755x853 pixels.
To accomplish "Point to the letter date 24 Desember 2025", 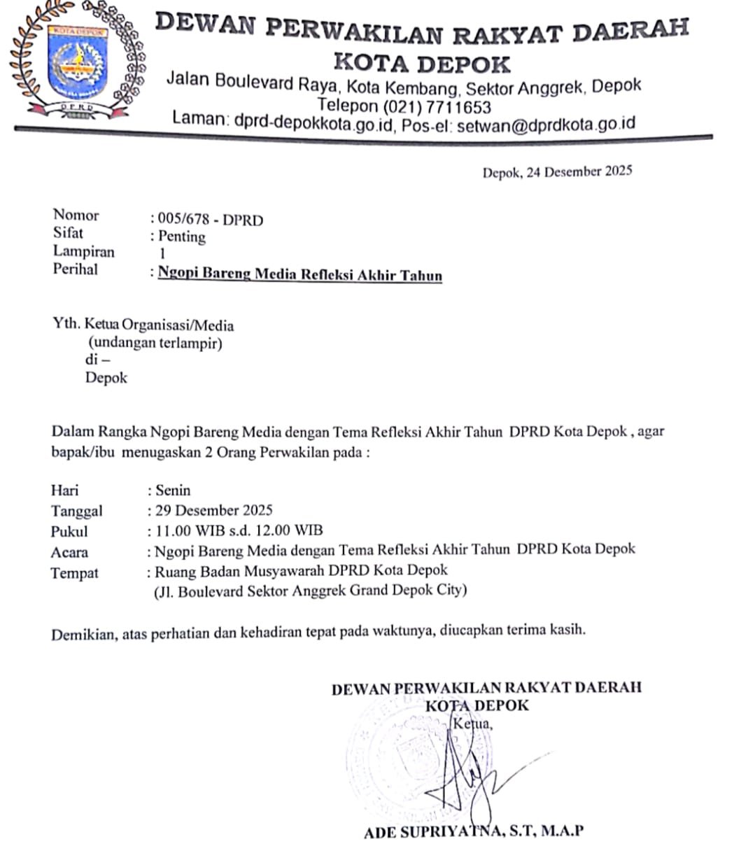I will tap(579, 171).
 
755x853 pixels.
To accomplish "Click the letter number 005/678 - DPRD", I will tap(211, 220).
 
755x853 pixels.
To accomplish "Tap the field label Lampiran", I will tap(83, 251).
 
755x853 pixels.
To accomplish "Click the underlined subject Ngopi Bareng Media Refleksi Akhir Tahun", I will tap(299, 274).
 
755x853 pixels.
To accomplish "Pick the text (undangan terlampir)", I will tap(155, 344).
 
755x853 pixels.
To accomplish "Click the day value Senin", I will tap(173, 490).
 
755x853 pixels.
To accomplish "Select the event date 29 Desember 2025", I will tap(214, 510).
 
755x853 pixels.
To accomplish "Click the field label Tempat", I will tap(74, 573).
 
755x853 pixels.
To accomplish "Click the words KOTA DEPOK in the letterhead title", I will tap(422, 64).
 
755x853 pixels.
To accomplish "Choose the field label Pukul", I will tap(69, 532).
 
